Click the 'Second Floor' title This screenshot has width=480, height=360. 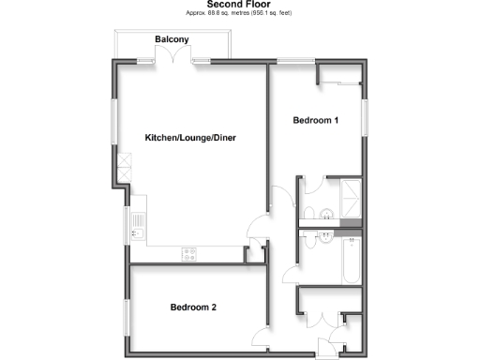coord(239,4)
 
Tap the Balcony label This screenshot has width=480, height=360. coord(172,38)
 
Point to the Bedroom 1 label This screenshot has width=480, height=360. coord(315,120)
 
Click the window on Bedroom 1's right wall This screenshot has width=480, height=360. coord(367,118)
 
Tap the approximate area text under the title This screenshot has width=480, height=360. coord(239,13)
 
